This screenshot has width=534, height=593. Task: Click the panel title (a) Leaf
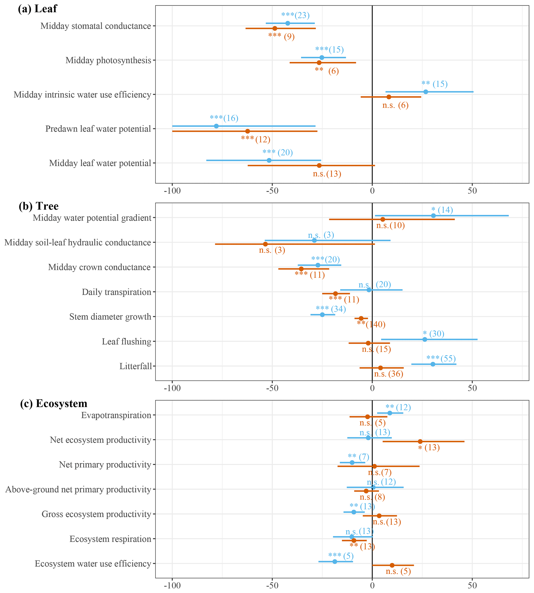coord(37,9)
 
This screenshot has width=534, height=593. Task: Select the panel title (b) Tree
coord(38,206)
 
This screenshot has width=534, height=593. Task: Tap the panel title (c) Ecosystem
coord(53,403)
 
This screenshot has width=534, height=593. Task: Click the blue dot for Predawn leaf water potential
coord(216,126)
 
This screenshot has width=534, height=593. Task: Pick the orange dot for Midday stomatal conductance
coord(275,28)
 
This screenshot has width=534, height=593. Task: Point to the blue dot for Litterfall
coord(433,364)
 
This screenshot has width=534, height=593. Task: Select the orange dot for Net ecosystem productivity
coord(420,441)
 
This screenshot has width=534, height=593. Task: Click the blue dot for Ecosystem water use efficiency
coord(335,561)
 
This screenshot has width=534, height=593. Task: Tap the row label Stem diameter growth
coord(110,317)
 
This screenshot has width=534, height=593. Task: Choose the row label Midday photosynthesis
coord(108,60)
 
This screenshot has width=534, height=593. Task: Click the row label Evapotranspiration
coord(116,415)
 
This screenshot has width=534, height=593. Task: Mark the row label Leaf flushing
coord(126,342)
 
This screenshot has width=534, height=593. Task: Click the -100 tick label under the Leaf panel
coord(172,191)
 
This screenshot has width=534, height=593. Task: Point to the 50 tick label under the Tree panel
coord(472,388)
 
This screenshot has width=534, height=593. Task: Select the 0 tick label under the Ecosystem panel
coord(372,586)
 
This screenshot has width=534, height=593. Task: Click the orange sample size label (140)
coord(376,324)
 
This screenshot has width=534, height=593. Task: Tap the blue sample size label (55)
coord(448,359)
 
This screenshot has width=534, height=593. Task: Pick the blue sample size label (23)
coord(302,15)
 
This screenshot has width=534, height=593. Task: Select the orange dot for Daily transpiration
coord(335,294)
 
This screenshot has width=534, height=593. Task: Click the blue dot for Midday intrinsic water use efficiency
coord(426,92)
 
